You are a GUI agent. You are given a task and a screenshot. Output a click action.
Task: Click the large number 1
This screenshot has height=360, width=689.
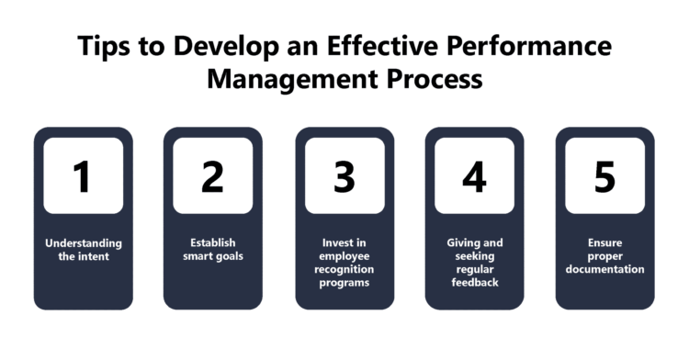[x=83, y=176]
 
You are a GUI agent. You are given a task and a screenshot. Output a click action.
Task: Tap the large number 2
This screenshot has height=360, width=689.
[x=212, y=176]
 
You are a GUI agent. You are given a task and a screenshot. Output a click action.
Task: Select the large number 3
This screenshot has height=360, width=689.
[x=344, y=176]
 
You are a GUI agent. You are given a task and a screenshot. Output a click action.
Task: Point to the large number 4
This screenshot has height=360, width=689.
[x=474, y=176]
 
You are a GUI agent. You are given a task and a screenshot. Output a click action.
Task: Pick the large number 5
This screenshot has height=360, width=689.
[x=604, y=176]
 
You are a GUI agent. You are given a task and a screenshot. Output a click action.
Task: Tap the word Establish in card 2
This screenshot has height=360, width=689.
[x=212, y=243]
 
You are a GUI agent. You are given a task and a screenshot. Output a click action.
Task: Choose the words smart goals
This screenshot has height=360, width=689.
[x=212, y=256]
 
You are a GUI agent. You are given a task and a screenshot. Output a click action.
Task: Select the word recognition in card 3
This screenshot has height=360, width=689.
[x=344, y=270]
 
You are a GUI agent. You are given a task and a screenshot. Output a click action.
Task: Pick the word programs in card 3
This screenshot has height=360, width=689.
[x=344, y=283]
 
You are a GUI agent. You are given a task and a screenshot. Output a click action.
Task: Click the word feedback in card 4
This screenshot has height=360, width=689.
[x=475, y=283]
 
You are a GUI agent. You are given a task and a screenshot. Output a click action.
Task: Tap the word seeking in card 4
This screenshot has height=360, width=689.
[x=475, y=256]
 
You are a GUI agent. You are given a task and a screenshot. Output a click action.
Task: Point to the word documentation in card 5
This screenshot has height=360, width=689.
[x=604, y=270]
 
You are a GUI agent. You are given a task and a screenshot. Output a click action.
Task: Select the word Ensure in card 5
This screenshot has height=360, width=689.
[x=604, y=243]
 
